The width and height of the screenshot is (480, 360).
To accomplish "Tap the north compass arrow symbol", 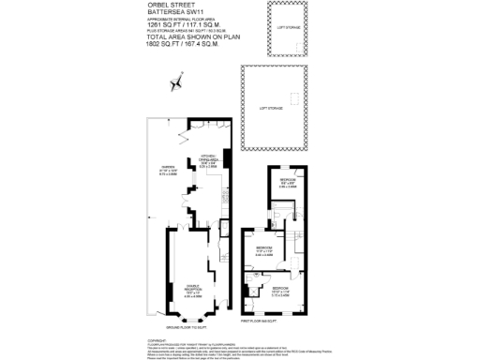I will pos(174,83).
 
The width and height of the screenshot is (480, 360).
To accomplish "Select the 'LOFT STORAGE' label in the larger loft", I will pos(270,109).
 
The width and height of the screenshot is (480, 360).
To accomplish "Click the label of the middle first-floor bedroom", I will pos(265,250).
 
